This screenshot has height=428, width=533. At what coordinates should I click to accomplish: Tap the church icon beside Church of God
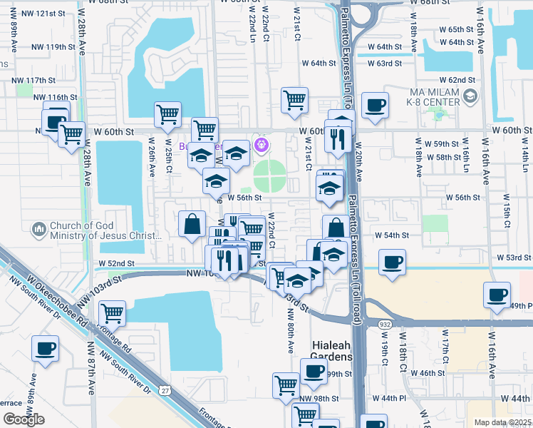[38, 230]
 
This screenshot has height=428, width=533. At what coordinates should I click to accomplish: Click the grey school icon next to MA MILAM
[470, 96]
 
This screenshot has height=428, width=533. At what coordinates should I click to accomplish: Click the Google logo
[24, 419]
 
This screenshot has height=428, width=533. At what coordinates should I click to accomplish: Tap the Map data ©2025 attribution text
[502, 422]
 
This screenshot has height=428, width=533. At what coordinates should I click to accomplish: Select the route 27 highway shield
[165, 390]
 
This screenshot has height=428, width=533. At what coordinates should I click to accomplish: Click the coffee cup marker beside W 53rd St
[392, 262]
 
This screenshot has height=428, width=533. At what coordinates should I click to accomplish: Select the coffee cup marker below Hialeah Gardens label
[313, 370]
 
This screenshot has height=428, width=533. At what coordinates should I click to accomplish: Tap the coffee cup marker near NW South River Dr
[45, 349]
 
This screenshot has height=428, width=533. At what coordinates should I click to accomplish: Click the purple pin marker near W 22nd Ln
[262, 145]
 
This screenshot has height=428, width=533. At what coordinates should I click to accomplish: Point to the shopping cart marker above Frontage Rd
[112, 312]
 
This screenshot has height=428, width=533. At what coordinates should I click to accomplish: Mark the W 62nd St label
[457, 80]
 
